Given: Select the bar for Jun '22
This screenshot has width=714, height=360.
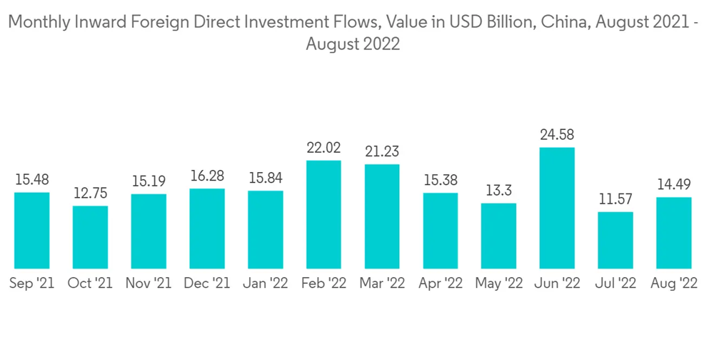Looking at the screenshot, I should (x=557, y=208).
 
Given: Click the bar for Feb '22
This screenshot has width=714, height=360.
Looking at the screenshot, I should (x=323, y=214).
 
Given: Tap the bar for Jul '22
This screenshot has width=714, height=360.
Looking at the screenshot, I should (x=615, y=240).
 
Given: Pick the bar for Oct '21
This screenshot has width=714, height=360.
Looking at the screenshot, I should (x=90, y=237).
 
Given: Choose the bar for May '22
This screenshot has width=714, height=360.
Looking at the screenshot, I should (x=498, y=236).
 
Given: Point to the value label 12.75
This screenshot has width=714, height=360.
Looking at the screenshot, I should (x=90, y=194).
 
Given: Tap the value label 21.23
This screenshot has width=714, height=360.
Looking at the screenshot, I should (x=382, y=151).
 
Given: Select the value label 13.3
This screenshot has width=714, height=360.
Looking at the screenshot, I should (x=498, y=191).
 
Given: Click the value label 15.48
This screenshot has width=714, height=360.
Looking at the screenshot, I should (x=32, y=180).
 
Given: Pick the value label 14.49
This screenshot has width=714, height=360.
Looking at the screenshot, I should (x=674, y=185).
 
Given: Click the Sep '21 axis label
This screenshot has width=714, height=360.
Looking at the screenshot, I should (x=32, y=284).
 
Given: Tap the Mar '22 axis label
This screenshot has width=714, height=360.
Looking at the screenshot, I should (x=382, y=284).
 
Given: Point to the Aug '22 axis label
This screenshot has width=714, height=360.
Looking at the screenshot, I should (x=674, y=284).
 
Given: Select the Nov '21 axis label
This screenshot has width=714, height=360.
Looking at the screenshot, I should (x=149, y=284).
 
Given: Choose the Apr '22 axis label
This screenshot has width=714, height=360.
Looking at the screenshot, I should (x=441, y=284).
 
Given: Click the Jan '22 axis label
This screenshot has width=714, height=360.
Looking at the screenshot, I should (x=265, y=284).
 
